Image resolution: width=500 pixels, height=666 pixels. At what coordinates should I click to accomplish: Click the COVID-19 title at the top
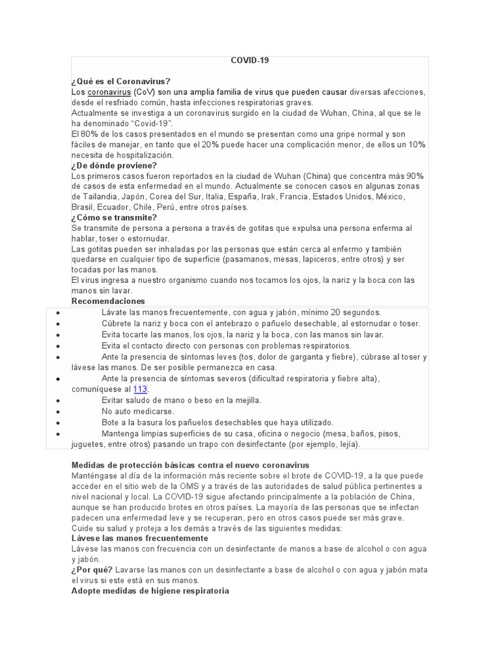249,60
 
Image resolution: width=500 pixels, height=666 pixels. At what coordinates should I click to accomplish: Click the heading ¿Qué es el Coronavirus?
120,81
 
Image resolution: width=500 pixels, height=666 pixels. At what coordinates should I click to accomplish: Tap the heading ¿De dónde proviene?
114,165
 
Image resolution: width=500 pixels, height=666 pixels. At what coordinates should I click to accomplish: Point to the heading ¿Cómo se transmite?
114,217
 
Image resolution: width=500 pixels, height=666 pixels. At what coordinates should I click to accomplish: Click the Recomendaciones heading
108,301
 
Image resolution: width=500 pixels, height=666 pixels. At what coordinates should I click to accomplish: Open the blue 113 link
141,389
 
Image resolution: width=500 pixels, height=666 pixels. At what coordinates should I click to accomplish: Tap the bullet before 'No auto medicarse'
59,412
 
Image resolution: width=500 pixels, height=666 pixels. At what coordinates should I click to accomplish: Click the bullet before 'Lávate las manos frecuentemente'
59,313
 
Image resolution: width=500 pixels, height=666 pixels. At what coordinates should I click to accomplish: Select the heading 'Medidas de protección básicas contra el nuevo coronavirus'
190,465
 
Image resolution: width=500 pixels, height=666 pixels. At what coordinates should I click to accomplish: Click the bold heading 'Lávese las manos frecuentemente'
139,539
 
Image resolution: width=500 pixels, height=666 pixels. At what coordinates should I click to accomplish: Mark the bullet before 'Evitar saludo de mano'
59,400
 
